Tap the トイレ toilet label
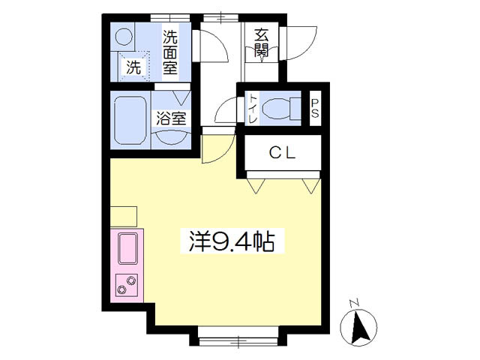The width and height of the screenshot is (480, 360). tap(253, 109)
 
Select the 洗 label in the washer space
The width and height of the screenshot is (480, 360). tap(133, 67)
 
